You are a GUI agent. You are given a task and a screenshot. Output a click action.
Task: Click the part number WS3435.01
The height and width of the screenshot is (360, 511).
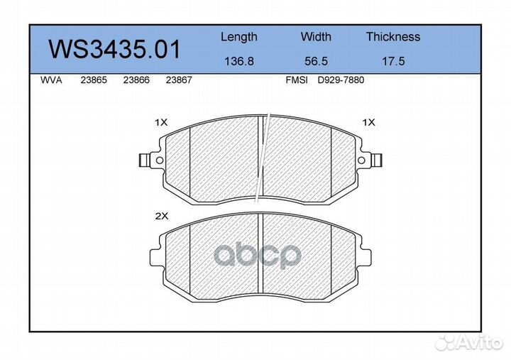point(114,50)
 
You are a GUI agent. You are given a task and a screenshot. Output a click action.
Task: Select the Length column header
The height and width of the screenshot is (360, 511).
point(239,37)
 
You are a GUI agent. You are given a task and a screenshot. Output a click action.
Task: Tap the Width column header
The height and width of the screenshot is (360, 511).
point(316,36)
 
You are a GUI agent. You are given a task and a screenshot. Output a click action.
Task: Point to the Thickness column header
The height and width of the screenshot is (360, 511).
point(393,36)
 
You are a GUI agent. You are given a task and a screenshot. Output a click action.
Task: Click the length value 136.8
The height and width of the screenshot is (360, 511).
point(239,61)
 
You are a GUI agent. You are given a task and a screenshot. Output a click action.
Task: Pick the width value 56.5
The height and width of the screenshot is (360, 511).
point(316,61)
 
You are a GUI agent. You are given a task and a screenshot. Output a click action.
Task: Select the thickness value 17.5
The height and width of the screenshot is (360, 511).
point(393,61)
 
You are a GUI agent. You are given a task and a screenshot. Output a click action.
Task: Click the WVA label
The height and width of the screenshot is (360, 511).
point(51,80)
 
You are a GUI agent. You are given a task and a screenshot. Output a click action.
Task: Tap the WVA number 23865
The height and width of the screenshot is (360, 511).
point(94,80)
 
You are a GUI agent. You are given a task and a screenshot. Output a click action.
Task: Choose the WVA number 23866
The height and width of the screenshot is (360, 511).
point(136,80)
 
